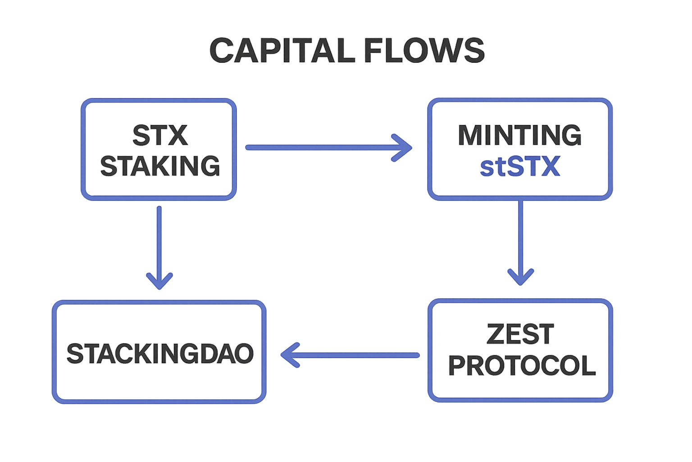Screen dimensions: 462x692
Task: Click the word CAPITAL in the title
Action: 282,50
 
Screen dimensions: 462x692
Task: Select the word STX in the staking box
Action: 160,135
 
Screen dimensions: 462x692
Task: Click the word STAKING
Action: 160,166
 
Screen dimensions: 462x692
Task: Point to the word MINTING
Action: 519,135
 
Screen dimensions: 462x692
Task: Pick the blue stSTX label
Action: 520,166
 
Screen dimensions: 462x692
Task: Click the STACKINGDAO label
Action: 159,353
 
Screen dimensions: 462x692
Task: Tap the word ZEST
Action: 520,334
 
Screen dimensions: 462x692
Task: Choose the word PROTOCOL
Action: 522,365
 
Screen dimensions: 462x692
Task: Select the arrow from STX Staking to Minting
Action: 324,147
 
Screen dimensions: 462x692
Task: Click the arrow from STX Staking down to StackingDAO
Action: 159,244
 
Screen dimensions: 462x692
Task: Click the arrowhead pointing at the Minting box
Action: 403,147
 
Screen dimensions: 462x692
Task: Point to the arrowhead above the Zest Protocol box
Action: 520,276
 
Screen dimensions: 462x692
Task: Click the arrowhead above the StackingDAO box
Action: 159,280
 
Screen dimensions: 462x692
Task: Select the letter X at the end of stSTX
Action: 551,166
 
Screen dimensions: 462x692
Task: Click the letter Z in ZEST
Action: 496,334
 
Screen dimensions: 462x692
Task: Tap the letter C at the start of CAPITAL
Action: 222,50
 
